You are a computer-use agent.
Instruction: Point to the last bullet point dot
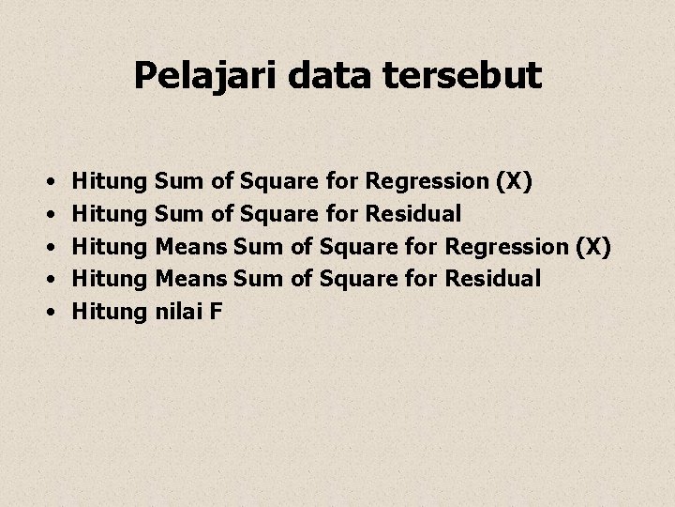click(47, 311)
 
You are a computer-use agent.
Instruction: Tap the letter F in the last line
click(216, 310)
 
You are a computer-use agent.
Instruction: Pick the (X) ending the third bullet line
click(592, 246)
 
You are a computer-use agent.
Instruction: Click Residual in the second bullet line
click(412, 213)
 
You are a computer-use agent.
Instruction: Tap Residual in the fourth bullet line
click(493, 278)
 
